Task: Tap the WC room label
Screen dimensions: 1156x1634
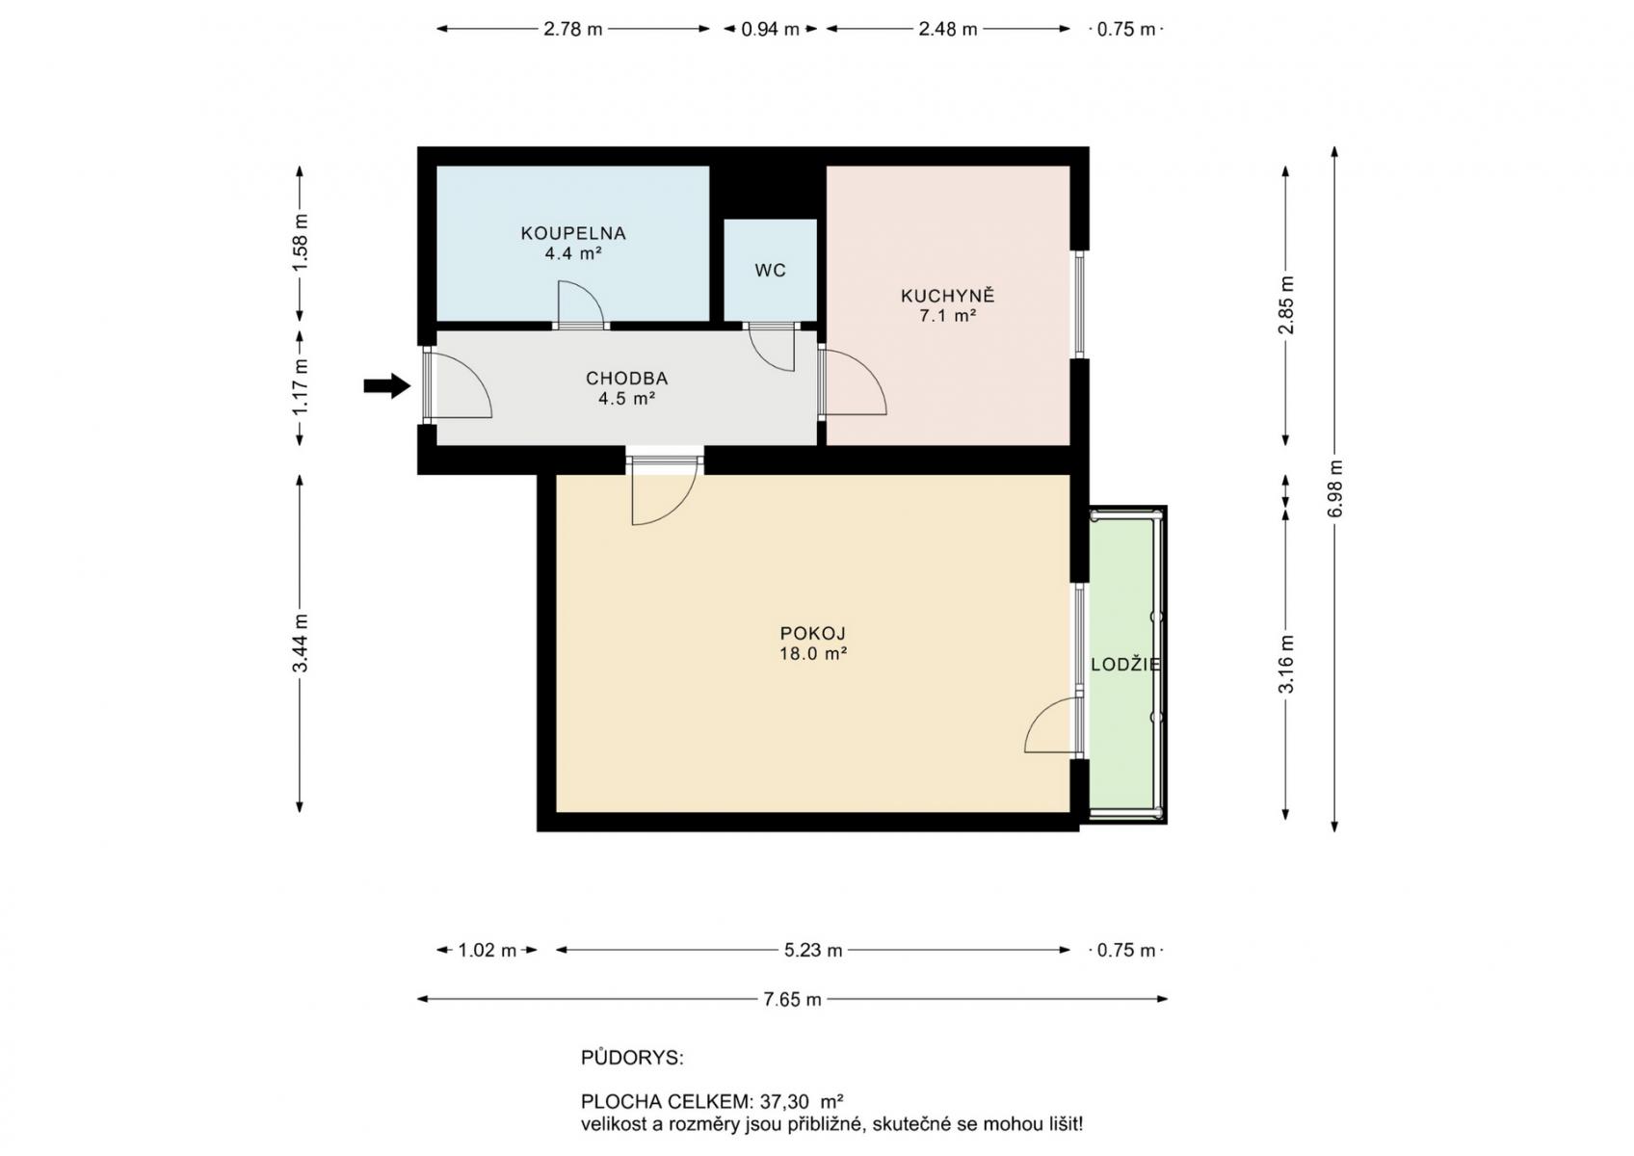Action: point(770,271)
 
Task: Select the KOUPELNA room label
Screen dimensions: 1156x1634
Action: point(573,233)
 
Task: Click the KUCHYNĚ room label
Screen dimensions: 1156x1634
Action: point(947,296)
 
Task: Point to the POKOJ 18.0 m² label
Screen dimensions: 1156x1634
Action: point(813,644)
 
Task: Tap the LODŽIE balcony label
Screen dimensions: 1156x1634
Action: point(1125,665)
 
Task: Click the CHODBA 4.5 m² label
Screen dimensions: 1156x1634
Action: point(626,388)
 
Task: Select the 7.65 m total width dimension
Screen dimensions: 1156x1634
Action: point(792,1000)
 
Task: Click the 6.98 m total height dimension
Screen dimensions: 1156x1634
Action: point(1335,487)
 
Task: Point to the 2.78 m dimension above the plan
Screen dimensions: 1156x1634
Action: point(572,29)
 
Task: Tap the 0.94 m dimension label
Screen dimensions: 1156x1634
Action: point(770,29)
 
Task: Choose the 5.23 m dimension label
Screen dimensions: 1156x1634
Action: point(813,951)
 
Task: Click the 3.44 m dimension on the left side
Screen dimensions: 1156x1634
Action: point(300,643)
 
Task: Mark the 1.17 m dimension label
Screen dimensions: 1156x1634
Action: point(300,386)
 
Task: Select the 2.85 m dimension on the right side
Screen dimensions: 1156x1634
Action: point(1286,305)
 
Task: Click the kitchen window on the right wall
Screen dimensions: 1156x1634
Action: point(1080,304)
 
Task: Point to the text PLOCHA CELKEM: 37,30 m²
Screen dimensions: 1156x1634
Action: point(712,1101)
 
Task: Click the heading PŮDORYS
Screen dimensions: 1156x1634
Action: point(631,1058)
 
